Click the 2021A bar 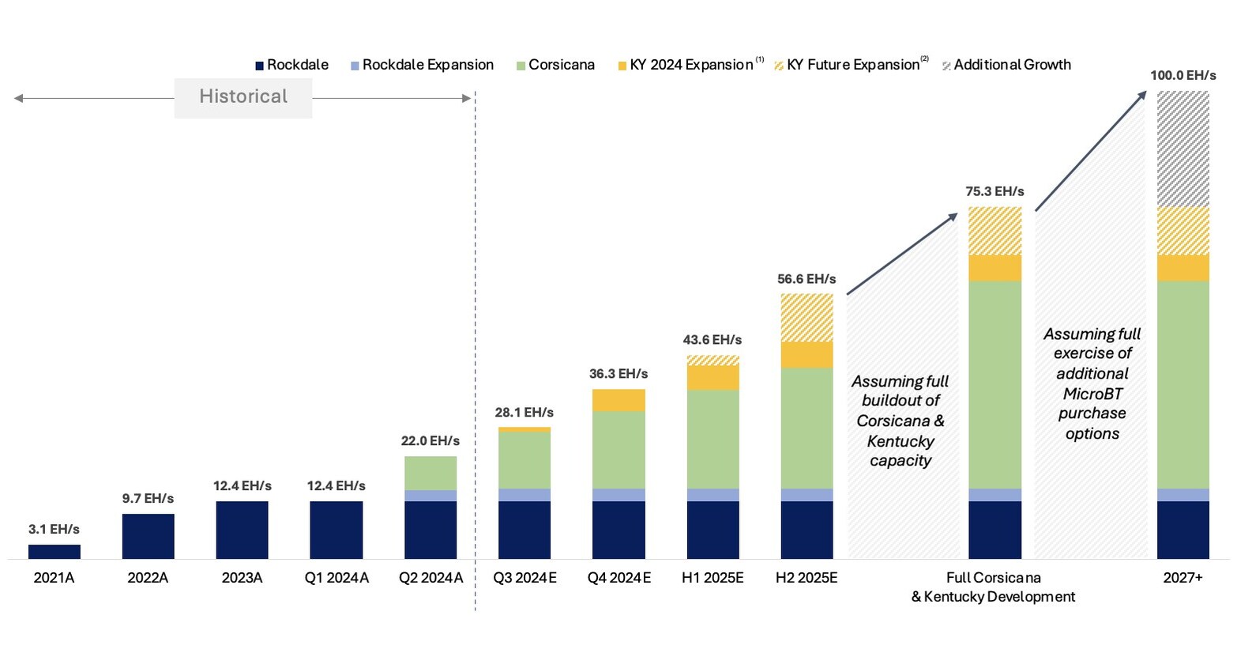54,551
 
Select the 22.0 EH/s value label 430,441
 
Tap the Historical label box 243,97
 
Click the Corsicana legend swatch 521,66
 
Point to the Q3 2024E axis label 525,578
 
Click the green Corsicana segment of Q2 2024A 431,473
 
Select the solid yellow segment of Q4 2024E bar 618,400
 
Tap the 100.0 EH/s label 1182,76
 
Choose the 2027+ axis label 1182,578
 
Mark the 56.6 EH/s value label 806,279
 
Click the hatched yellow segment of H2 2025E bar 806,318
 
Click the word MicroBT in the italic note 1092,394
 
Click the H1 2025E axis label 712,578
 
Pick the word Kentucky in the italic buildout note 900,441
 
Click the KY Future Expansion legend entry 853,65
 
